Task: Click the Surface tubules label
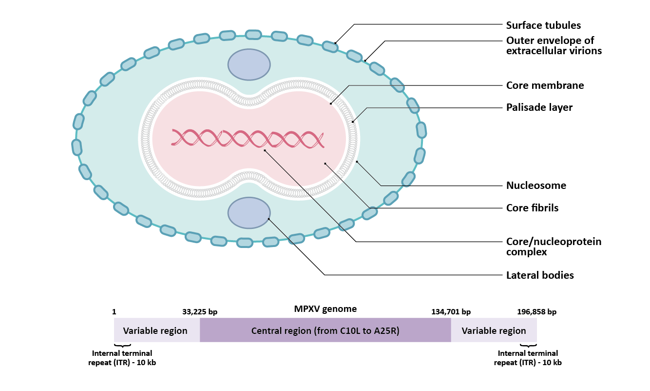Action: (x=543, y=25)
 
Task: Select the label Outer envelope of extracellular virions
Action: (x=554, y=45)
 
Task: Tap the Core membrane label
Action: (x=545, y=85)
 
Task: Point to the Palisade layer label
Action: (x=539, y=107)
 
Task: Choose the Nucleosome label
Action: (x=536, y=185)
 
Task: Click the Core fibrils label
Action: (x=532, y=208)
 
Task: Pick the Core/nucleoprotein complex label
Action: (x=554, y=247)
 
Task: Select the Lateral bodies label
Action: (x=540, y=275)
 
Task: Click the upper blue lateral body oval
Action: (x=249, y=64)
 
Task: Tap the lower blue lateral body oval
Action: (x=249, y=213)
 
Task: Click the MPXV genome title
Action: (x=325, y=309)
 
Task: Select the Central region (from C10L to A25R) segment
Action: (x=325, y=330)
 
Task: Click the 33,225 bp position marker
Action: (x=200, y=312)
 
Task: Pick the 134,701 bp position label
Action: (x=451, y=312)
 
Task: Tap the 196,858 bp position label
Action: (x=536, y=312)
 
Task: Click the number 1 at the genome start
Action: (x=114, y=312)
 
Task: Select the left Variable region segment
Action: (x=155, y=330)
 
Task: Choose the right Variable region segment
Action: (x=494, y=330)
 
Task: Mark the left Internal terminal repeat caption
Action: (x=122, y=358)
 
